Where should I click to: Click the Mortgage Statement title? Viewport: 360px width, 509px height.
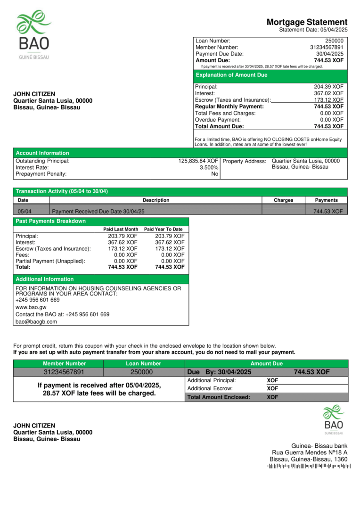click(x=307, y=22)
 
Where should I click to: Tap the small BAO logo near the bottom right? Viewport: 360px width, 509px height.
click(x=333, y=419)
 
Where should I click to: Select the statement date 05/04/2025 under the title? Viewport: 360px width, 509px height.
click(x=333, y=30)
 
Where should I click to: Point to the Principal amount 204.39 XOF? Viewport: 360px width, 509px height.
click(x=328, y=87)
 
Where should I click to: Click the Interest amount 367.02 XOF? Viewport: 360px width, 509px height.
click(x=328, y=93)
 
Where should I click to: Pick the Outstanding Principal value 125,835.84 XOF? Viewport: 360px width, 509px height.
click(x=198, y=161)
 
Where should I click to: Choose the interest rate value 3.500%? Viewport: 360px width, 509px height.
click(x=209, y=167)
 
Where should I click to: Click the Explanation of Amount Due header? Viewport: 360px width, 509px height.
click(x=231, y=75)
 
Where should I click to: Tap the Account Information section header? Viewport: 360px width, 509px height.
click(x=42, y=153)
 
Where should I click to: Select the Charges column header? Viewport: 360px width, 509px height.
click(x=283, y=200)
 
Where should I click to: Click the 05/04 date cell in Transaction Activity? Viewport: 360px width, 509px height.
click(x=25, y=212)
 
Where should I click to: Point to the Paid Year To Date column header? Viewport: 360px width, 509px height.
click(x=163, y=230)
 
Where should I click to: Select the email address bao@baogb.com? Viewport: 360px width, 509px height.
click(x=36, y=322)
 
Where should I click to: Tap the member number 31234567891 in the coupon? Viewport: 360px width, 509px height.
click(x=64, y=372)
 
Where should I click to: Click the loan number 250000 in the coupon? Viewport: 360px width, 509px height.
click(x=143, y=372)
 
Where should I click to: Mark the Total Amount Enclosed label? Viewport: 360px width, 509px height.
click(x=219, y=397)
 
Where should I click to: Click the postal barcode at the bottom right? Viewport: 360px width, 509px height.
click(x=309, y=467)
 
